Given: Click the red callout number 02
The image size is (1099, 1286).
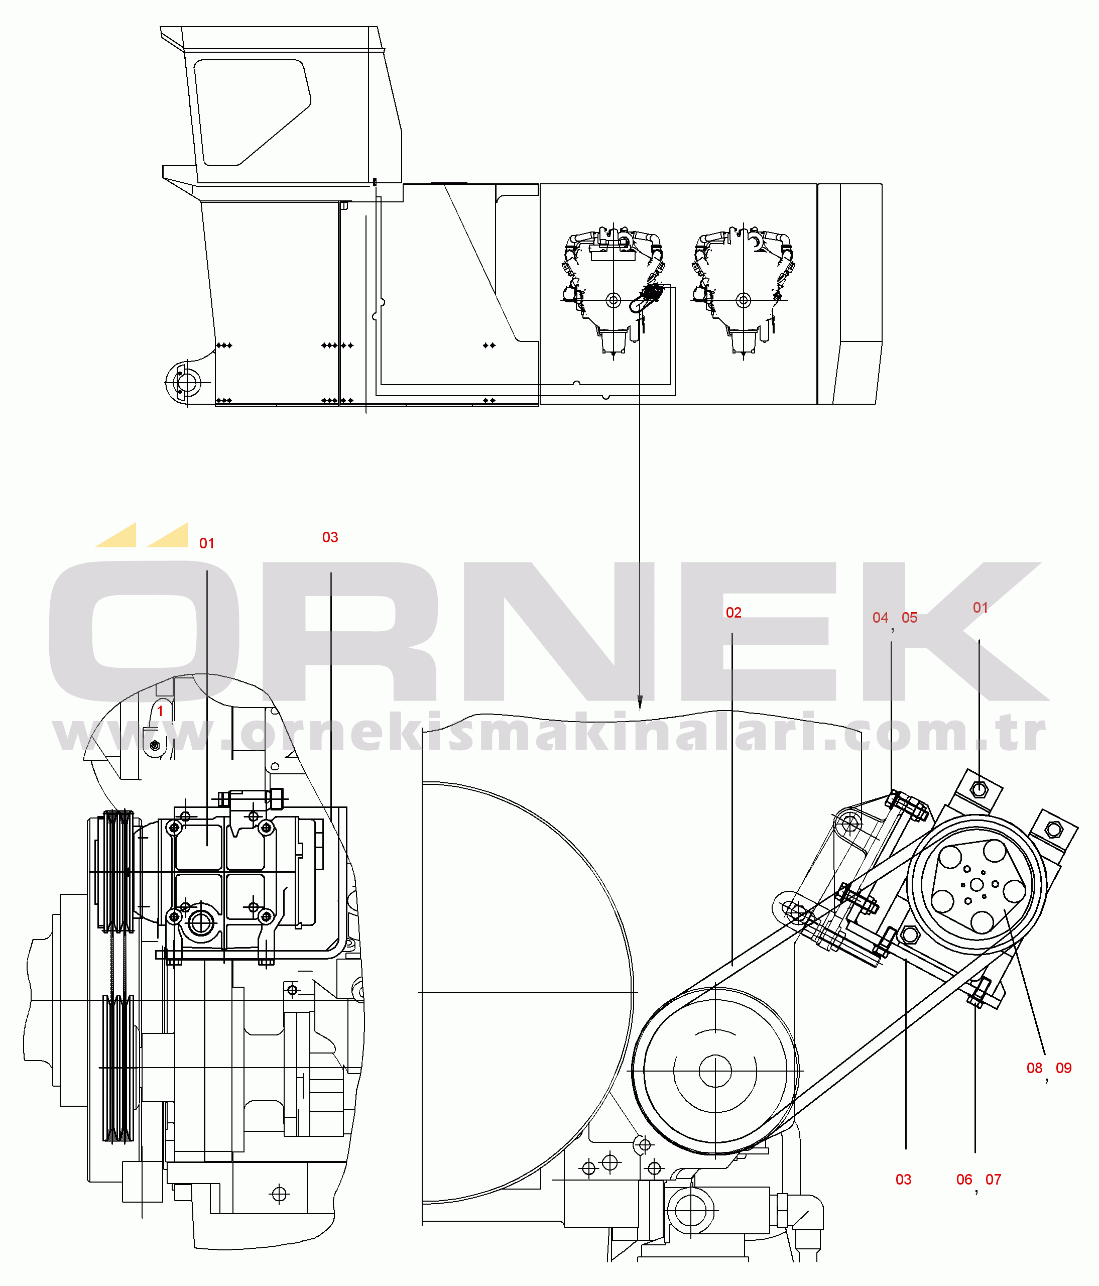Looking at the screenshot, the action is [x=734, y=613].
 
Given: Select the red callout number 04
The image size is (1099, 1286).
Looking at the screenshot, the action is [x=880, y=618].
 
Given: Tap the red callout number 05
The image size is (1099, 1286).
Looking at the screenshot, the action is [x=909, y=618].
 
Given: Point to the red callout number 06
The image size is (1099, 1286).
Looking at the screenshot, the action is [x=964, y=1179].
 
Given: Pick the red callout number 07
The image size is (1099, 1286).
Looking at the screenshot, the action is [x=993, y=1179].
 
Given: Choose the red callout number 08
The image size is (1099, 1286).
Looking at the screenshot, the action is [x=1034, y=1068].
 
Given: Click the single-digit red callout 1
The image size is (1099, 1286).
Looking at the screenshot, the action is [x=160, y=711].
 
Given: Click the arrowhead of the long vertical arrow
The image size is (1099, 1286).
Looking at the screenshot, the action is [x=640, y=703].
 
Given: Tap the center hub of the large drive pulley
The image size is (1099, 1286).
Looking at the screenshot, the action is [x=715, y=1071].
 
